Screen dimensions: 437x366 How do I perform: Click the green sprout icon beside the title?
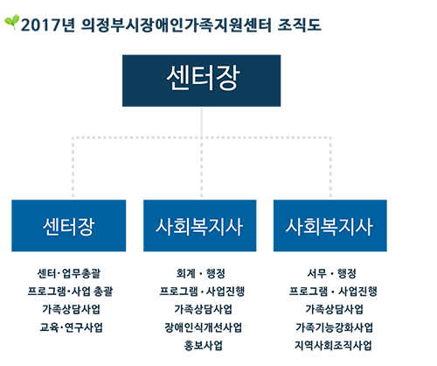(11, 22)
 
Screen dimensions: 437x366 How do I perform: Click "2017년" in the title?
(48, 25)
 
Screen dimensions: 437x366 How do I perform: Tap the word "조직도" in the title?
(299, 25)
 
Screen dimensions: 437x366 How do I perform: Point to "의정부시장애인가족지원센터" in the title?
(176, 25)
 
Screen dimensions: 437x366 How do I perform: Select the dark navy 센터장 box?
(201, 81)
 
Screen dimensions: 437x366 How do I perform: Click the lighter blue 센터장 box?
(69, 226)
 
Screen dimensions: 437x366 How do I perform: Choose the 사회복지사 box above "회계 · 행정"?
(200, 226)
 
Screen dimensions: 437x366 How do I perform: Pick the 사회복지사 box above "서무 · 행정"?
(330, 226)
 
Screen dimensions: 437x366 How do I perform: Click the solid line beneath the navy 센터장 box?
(201, 122)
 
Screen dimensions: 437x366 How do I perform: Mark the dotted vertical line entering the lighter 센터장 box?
(73, 168)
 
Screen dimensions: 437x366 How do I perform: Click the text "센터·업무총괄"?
(69, 273)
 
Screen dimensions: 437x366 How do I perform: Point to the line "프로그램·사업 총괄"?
(70, 292)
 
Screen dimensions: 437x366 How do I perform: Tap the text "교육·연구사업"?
(72, 327)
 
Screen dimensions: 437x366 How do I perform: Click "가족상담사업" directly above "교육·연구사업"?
(72, 309)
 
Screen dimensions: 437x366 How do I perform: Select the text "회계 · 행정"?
(201, 273)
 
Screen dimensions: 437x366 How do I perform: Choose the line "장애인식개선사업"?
(203, 327)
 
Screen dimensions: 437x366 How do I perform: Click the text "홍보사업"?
(203, 346)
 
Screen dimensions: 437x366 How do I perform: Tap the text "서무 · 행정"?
(332, 273)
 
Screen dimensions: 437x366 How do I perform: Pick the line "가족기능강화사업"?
(334, 327)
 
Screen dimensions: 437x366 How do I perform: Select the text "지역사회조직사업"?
(333, 346)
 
